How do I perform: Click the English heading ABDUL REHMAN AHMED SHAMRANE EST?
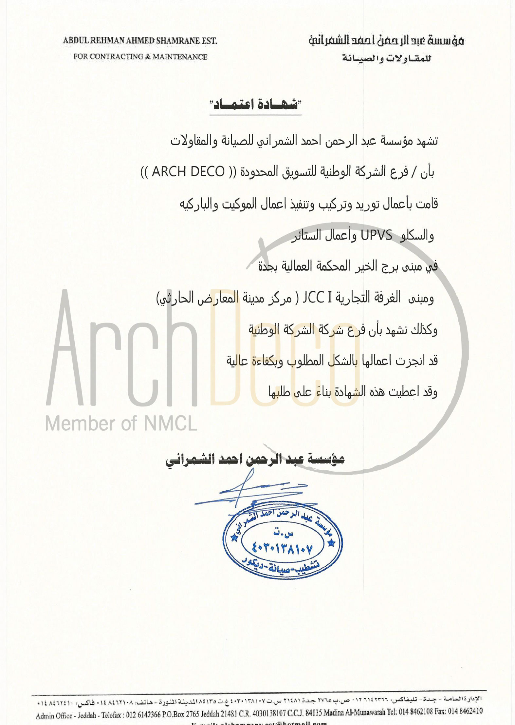click(140, 41)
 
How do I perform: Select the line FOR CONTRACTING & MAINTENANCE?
click(140, 57)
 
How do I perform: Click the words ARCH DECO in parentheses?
click(188, 172)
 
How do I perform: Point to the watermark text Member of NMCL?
click(121, 423)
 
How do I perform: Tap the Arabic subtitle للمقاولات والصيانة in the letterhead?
click(387, 58)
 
